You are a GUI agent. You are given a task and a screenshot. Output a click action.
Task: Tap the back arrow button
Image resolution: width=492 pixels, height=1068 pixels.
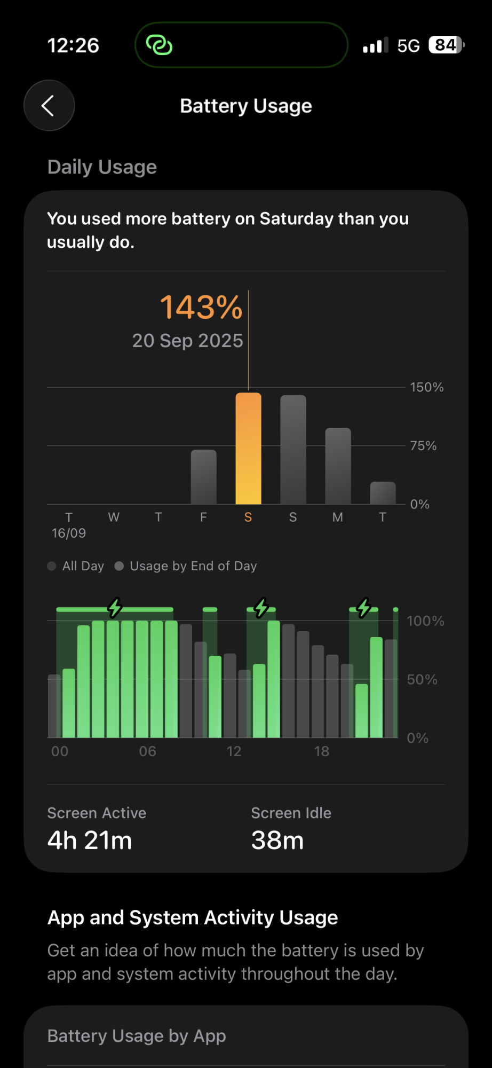49,106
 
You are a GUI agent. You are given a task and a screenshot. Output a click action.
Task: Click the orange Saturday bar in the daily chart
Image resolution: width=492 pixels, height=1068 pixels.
248,449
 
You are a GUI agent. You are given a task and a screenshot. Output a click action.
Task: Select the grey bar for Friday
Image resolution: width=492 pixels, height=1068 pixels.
203,477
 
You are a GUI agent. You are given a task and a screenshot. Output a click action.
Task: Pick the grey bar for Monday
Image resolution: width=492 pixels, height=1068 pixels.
338,466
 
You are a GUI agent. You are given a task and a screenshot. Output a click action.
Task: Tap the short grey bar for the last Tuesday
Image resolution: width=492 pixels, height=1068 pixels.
383,493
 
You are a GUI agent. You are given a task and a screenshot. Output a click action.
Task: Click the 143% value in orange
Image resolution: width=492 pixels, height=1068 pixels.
201,308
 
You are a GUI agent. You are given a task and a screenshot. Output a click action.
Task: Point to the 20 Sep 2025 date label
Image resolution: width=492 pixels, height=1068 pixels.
187,341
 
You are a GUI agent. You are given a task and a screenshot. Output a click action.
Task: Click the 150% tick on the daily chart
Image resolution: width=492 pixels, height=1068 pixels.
426,387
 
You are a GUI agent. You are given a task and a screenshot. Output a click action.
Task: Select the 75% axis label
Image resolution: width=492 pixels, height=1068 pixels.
423,446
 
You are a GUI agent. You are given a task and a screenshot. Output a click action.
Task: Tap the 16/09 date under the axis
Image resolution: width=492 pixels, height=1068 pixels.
69,533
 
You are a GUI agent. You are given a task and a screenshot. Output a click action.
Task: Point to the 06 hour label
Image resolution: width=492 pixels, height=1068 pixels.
147,751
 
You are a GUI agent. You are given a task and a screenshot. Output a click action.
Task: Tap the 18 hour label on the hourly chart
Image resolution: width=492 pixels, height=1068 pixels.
321,751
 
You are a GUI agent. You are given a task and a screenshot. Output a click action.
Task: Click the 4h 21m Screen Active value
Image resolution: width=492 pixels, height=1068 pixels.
90,841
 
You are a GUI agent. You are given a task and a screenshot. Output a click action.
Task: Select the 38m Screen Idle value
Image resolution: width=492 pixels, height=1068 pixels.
277,841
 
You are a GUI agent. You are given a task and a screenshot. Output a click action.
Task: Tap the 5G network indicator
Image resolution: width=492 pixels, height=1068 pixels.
408,46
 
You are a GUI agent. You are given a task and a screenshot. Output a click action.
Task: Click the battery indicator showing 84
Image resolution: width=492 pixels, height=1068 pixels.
446,45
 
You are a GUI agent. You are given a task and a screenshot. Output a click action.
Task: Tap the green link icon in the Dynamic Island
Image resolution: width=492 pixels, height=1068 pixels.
159,45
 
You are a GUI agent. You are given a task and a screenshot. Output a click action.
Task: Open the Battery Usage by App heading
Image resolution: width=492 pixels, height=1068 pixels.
137,1036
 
